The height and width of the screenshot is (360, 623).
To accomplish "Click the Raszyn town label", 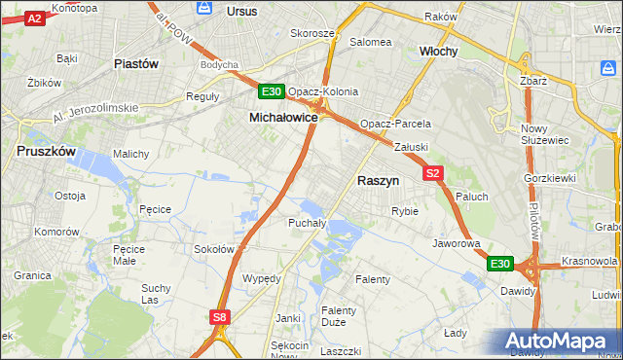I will (x=379, y=181).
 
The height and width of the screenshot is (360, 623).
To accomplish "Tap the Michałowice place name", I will (x=283, y=117).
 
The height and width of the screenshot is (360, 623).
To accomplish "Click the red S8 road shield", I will (x=220, y=316).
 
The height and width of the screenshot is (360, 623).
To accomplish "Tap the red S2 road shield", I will (x=434, y=173).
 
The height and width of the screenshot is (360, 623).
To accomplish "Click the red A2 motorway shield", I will (x=34, y=18).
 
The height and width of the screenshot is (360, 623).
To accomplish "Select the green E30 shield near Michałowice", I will (x=272, y=92).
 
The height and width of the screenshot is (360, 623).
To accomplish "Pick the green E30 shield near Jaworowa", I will (x=499, y=264).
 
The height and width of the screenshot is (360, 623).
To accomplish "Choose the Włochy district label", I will (x=438, y=51).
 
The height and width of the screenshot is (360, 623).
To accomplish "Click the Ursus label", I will (x=240, y=11).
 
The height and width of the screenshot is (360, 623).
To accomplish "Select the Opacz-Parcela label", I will (x=395, y=125).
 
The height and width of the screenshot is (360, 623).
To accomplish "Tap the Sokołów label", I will (x=215, y=249).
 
